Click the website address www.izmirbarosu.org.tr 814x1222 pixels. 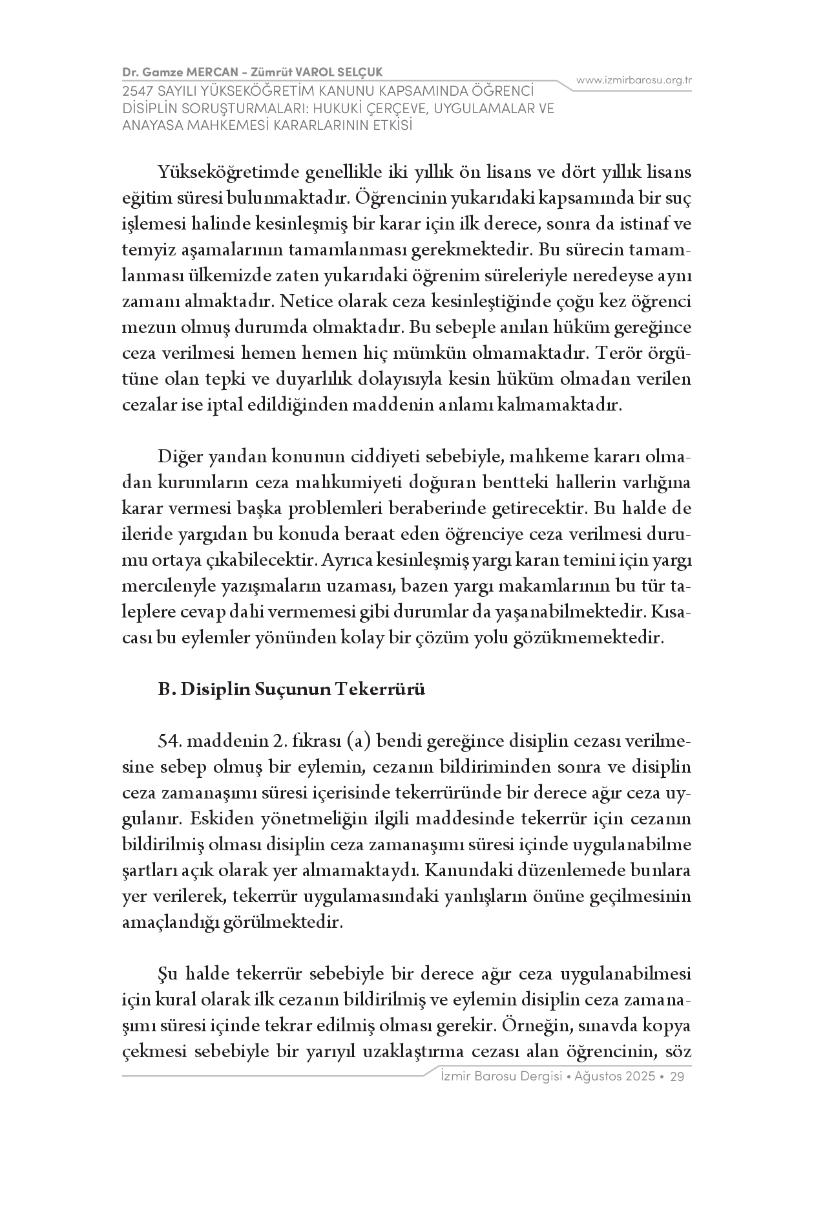click(634, 80)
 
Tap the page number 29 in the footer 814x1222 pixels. click(678, 1077)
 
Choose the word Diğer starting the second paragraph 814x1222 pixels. click(180, 456)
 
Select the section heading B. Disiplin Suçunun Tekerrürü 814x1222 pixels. click(291, 689)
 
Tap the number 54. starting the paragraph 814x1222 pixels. click(170, 741)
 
